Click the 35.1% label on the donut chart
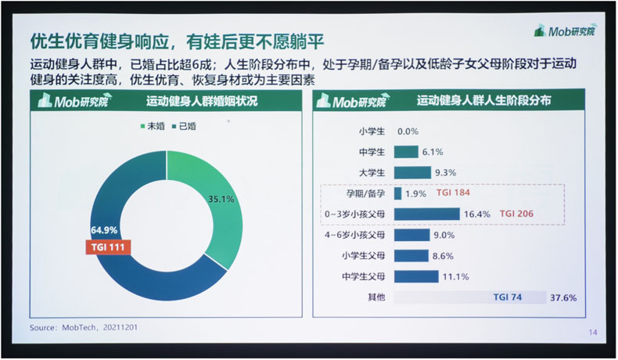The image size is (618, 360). (x=221, y=199)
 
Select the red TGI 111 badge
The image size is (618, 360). (x=108, y=247)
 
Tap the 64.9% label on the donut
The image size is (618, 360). (x=104, y=230)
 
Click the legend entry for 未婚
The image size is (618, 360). (x=153, y=126)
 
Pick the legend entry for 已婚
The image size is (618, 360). (x=184, y=126)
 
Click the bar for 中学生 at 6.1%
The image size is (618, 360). (x=406, y=152)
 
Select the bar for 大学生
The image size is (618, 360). (x=412, y=173)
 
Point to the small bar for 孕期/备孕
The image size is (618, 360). (x=397, y=193)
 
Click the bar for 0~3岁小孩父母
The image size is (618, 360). (x=427, y=214)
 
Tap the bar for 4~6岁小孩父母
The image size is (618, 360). (x=411, y=235)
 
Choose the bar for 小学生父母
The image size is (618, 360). (x=411, y=255)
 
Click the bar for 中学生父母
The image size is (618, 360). (x=416, y=276)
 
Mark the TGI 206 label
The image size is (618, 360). (x=516, y=214)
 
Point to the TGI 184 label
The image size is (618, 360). (x=453, y=193)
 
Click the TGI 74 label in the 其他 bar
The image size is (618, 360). (x=507, y=297)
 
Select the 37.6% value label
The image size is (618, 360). (x=563, y=297)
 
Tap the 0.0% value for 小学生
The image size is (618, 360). (x=408, y=131)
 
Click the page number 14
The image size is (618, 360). (x=593, y=333)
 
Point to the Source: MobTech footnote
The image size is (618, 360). (x=84, y=328)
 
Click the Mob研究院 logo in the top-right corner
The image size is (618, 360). (x=566, y=31)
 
